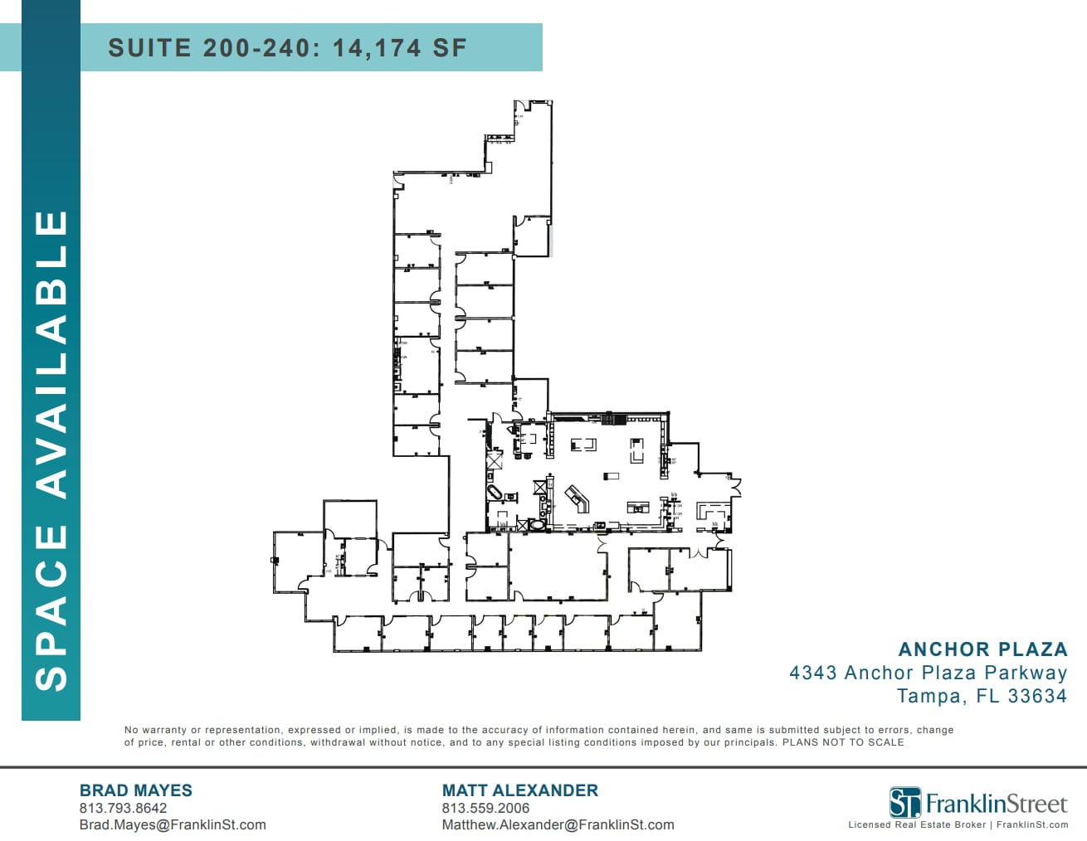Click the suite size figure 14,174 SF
pyautogui.click(x=400, y=48)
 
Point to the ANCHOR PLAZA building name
pyautogui.click(x=982, y=649)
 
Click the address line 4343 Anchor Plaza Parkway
pyautogui.click(x=928, y=673)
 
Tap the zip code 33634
pyautogui.click(x=1037, y=696)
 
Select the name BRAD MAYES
pyautogui.click(x=135, y=790)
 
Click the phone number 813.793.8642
pyautogui.click(x=123, y=808)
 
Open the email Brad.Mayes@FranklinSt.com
pyautogui.click(x=173, y=824)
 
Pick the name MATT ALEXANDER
pyautogui.click(x=519, y=790)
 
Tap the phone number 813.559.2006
pyautogui.click(x=485, y=808)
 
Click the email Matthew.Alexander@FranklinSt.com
pyautogui.click(x=558, y=824)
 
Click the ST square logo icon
pyautogui.click(x=904, y=803)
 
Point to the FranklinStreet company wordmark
pyautogui.click(x=996, y=804)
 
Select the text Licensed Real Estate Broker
pyautogui.click(x=917, y=824)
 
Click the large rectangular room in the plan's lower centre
pyautogui.click(x=558, y=566)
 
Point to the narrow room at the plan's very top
pyautogui.click(x=531, y=166)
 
